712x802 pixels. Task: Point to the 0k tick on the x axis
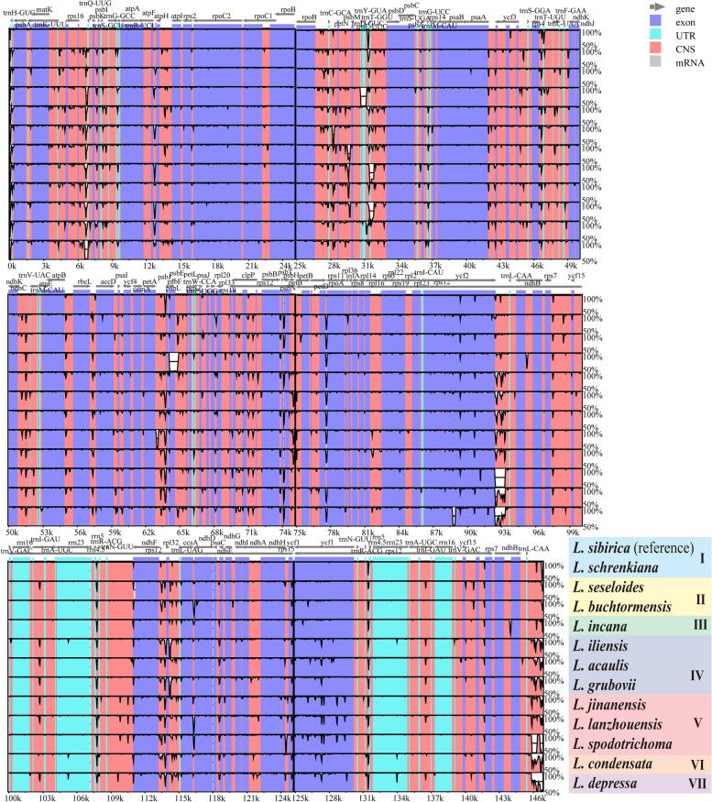(11, 266)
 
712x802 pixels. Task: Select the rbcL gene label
(83, 282)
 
